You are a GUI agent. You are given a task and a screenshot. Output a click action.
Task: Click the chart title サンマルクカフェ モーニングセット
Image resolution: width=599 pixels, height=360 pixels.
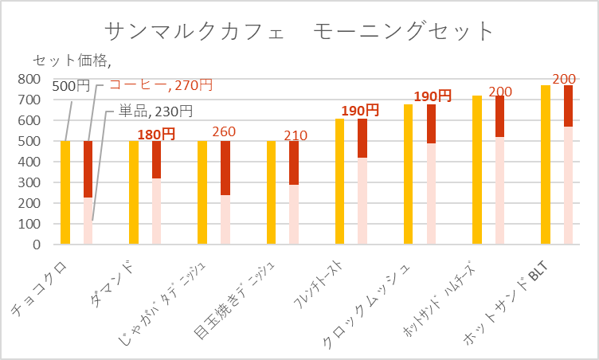[x=299, y=31]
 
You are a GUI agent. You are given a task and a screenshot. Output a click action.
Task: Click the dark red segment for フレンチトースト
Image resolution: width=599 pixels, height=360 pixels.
[x=362, y=138]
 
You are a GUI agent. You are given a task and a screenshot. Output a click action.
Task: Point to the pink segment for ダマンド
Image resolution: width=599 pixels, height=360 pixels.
[x=157, y=211]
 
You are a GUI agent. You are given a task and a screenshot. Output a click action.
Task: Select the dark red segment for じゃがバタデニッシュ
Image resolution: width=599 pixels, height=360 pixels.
[x=225, y=167]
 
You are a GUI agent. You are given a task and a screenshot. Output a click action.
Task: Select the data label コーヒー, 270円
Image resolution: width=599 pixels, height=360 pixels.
[x=160, y=84]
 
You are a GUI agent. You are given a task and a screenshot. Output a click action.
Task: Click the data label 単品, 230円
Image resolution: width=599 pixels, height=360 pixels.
[x=155, y=111]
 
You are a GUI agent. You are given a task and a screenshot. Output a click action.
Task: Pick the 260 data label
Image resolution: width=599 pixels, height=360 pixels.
[x=225, y=132]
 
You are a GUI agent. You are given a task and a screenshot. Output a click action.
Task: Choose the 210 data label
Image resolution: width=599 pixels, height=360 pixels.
[x=295, y=135]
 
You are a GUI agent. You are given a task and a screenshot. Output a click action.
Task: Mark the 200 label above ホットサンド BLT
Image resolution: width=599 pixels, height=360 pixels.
[x=564, y=79]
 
